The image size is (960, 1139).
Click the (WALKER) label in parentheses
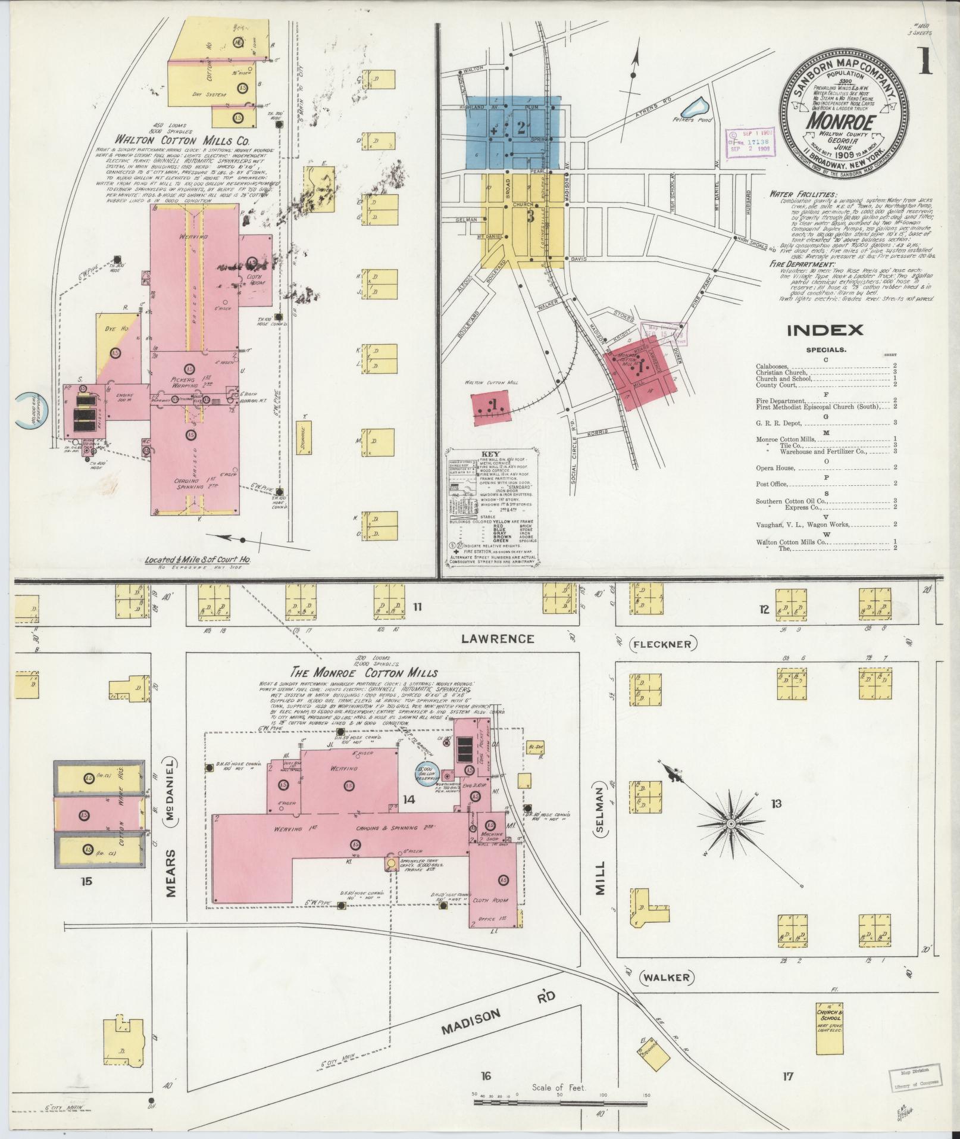click(x=667, y=977)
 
